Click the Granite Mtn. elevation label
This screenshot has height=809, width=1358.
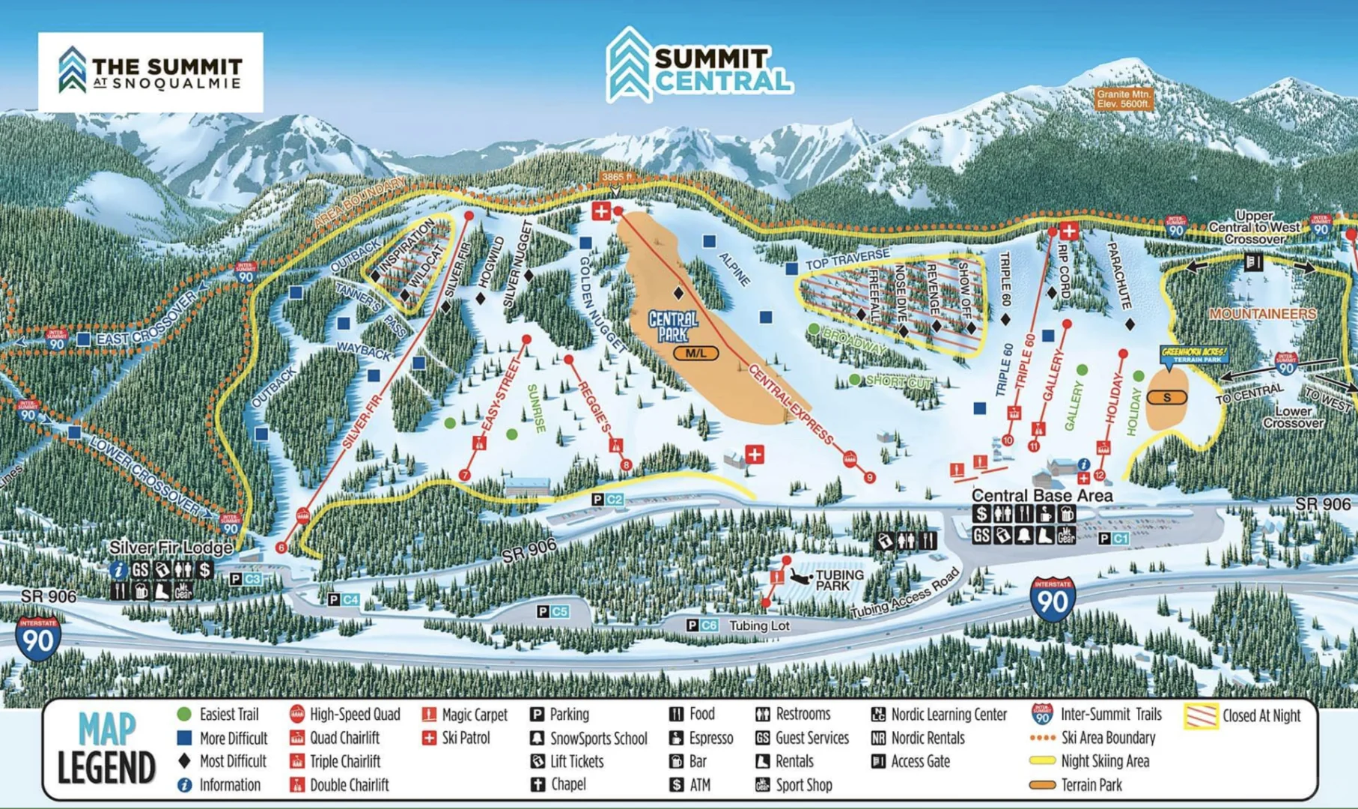[x=1123, y=99]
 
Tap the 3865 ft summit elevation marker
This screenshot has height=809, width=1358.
[x=617, y=177]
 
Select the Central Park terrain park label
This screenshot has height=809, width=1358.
[x=672, y=326]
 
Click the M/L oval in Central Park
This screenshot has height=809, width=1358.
[x=695, y=353]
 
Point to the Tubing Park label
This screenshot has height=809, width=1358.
[x=838, y=580]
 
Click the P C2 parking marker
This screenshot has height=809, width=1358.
[x=607, y=499]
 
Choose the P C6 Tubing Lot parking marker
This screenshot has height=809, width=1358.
[x=702, y=625]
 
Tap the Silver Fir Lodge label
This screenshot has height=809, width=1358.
[x=171, y=548]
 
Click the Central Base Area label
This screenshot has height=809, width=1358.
[x=1041, y=495]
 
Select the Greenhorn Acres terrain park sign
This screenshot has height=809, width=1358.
[x=1193, y=354]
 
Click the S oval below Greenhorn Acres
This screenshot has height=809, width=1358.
[x=1166, y=398]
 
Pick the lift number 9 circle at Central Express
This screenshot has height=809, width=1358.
[x=868, y=477]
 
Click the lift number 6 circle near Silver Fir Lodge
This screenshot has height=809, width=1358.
[x=281, y=548]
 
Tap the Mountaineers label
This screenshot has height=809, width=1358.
[x=1262, y=314]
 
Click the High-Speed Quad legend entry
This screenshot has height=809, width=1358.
[x=345, y=715]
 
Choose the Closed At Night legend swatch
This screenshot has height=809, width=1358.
[x=1200, y=715]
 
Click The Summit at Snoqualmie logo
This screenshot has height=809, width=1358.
[x=150, y=72]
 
